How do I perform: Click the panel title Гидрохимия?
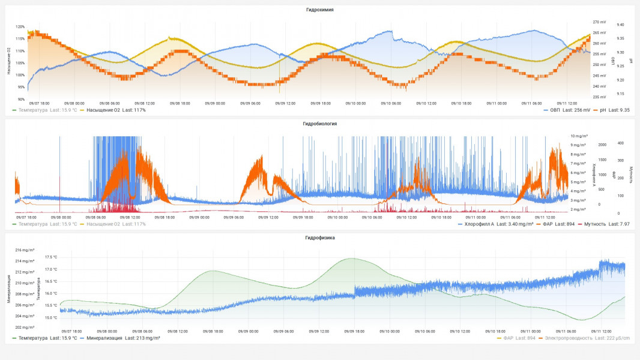(x=319, y=10)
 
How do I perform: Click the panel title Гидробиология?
(x=319, y=124)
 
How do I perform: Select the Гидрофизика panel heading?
(x=319, y=238)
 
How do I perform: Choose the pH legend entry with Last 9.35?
(x=612, y=110)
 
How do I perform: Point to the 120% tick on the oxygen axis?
(x=20, y=27)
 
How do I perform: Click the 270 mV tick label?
(x=599, y=22)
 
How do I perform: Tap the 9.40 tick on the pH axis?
(x=620, y=25)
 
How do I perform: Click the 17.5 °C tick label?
(x=51, y=257)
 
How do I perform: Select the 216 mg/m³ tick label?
(x=25, y=250)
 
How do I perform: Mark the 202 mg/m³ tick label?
(x=25, y=327)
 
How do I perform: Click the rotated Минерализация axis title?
(x=10, y=289)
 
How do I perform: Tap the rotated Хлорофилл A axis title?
(x=594, y=175)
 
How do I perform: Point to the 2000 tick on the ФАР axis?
(x=602, y=145)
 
